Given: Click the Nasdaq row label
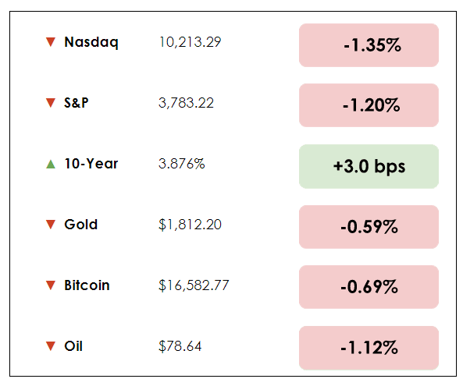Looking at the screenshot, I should pyautogui.click(x=91, y=43).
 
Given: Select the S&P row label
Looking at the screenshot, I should pyautogui.click(x=77, y=103).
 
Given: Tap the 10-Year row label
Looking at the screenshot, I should pyautogui.click(x=91, y=164).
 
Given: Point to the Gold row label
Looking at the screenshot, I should pyautogui.click(x=81, y=225).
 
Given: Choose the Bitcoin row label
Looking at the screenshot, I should pyautogui.click(x=87, y=285).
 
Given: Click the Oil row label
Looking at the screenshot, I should pyautogui.click(x=73, y=345).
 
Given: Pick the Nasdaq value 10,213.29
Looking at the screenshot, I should pyautogui.click(x=190, y=42).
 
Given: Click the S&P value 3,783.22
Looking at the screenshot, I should pyautogui.click(x=186, y=103).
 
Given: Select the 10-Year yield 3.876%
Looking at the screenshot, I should pyautogui.click(x=182, y=164).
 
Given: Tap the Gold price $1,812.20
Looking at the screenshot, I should pyautogui.click(x=190, y=225).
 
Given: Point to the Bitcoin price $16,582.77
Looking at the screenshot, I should pyautogui.click(x=194, y=285).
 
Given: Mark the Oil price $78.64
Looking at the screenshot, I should pyautogui.click(x=180, y=345).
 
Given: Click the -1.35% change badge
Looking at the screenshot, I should pyautogui.click(x=369, y=45).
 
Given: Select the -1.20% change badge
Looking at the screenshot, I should pyautogui.click(x=369, y=105).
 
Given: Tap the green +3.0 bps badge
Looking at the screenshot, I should pyautogui.click(x=369, y=166).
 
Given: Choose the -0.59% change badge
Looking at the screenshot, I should pyautogui.click(x=369, y=227).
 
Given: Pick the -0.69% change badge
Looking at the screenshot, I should pyautogui.click(x=369, y=287).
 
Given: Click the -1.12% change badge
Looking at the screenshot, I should pyautogui.click(x=369, y=348).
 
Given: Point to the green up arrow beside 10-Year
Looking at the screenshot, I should pyautogui.click(x=51, y=165).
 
